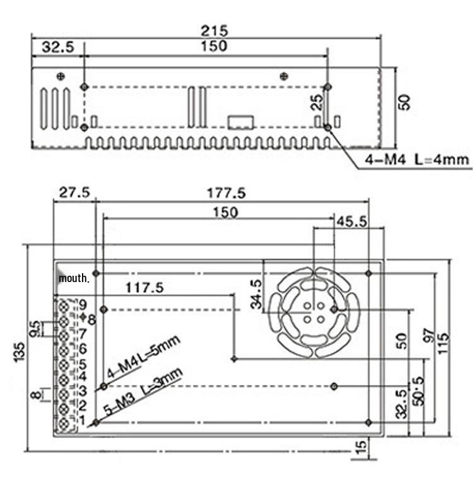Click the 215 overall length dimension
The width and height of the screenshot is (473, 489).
(x=214, y=31)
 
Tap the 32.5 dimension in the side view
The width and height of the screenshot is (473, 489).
(x=58, y=47)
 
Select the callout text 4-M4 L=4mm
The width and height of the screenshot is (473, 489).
(x=417, y=160)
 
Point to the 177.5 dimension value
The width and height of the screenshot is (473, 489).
(x=226, y=193)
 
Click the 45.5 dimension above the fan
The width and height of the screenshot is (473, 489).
(x=353, y=221)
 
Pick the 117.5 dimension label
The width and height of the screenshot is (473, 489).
(x=144, y=288)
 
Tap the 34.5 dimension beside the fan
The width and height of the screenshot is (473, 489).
(x=256, y=294)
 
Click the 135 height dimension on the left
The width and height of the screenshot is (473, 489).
(x=20, y=352)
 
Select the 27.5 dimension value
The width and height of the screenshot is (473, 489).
(x=74, y=192)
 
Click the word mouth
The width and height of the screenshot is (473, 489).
(x=74, y=278)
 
